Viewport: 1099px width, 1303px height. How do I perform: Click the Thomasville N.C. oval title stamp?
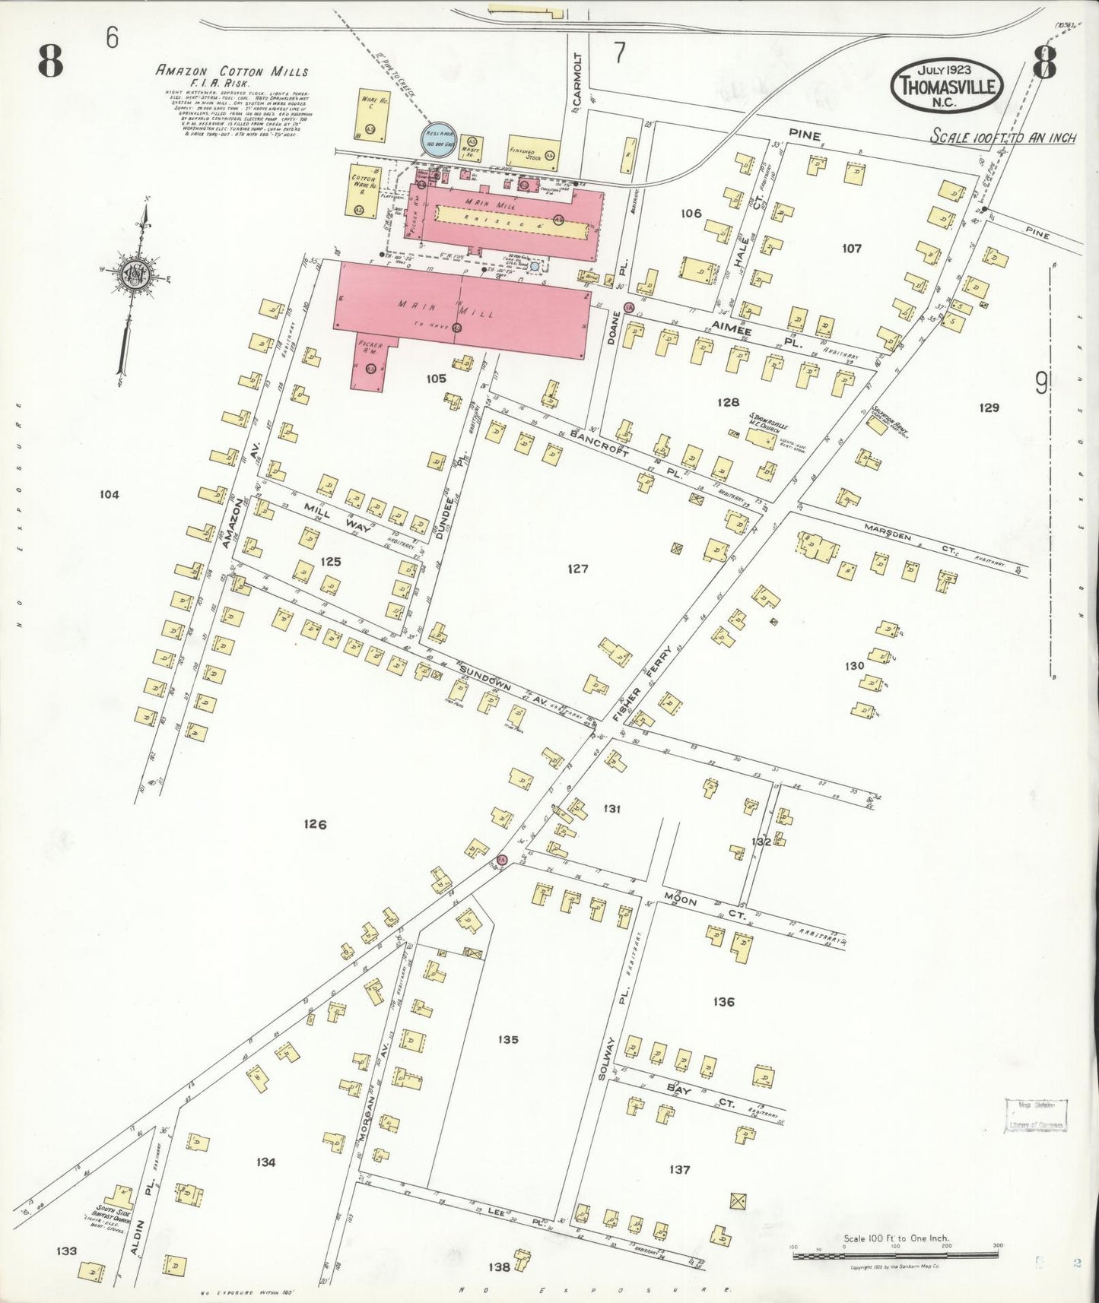coord(947,86)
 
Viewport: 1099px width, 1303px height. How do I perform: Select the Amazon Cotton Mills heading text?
coord(232,71)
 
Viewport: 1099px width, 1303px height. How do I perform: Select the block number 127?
coord(578,569)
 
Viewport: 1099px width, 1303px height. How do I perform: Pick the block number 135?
coord(508,1039)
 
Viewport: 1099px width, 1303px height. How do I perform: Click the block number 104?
coord(110,495)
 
